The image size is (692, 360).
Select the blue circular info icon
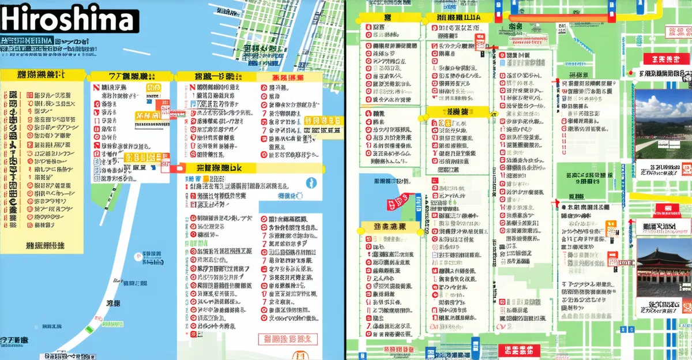(311, 183)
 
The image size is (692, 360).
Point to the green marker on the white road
(89, 329)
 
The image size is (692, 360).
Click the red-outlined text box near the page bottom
(288, 339)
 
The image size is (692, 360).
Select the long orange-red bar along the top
(559, 18)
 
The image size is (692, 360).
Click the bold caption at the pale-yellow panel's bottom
(45, 245)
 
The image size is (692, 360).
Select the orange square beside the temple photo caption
(611, 225)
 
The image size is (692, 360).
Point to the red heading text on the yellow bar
(288, 77)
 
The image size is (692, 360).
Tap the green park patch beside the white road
(107, 190)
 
